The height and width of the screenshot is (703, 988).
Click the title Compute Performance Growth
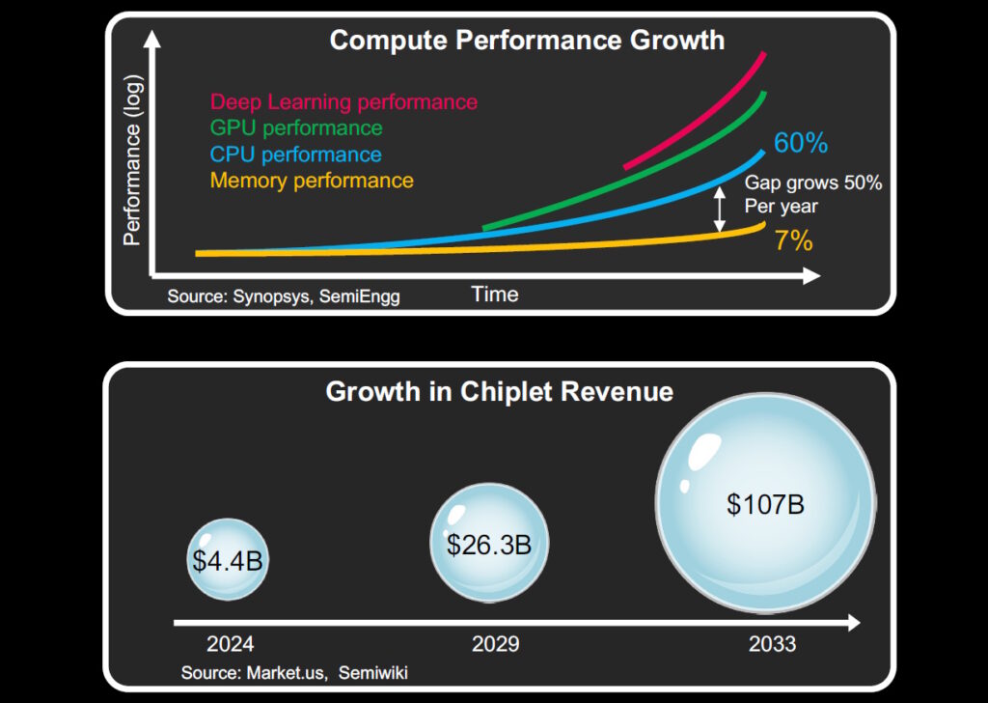pos(527,41)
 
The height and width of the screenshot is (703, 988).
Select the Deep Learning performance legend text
pos(343,101)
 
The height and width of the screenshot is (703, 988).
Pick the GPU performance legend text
pos(296,127)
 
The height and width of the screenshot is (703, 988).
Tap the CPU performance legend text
pos(295,155)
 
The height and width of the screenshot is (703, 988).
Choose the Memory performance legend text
pos(312,181)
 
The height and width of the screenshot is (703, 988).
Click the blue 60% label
pos(801,144)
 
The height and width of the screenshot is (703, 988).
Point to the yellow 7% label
pos(793,240)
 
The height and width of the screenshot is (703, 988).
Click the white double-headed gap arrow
pos(719,210)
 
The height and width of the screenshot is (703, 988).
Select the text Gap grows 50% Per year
pos(812,194)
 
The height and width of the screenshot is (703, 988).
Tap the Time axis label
pos(495,295)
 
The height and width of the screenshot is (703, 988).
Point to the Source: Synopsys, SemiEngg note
pos(283,296)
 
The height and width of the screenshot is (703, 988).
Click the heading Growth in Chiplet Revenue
pos(499,392)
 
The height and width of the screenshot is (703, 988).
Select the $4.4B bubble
pos(227,560)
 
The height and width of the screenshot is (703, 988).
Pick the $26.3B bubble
pos(488,545)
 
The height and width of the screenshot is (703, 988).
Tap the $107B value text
pos(765,504)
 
